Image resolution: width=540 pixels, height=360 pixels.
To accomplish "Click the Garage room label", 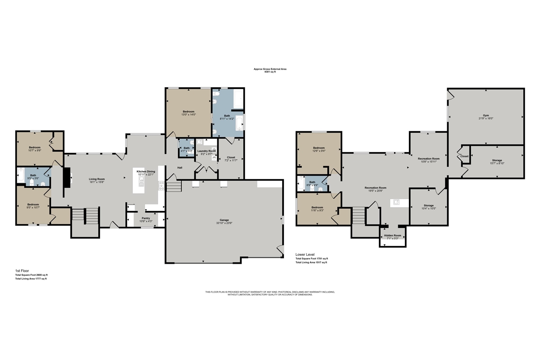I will pyautogui.click(x=224, y=220).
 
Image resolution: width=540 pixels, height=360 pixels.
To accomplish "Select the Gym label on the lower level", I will pyautogui.click(x=486, y=115).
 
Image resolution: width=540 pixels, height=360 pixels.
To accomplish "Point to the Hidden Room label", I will pyautogui.click(x=392, y=235).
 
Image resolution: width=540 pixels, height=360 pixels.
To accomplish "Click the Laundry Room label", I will pyautogui.click(x=206, y=151).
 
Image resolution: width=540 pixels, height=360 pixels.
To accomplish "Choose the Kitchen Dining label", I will pyautogui.click(x=146, y=171).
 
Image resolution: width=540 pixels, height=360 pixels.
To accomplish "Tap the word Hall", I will pyautogui.click(x=180, y=168).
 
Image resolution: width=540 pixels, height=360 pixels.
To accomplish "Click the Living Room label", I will pyautogui.click(x=97, y=179).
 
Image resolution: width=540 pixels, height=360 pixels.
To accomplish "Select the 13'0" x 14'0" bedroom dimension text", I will pyautogui.click(x=188, y=115).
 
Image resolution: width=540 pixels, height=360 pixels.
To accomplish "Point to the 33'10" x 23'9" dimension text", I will pyautogui.click(x=224, y=223).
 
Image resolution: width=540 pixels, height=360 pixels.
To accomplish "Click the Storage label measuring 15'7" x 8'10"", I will pyautogui.click(x=497, y=160).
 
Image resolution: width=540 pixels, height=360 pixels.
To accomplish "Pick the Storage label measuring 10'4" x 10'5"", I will pyautogui.click(x=429, y=206).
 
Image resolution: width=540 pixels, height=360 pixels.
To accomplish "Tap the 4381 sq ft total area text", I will pyautogui.click(x=270, y=72).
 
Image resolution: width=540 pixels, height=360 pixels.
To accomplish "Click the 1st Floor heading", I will pyautogui.click(x=21, y=271).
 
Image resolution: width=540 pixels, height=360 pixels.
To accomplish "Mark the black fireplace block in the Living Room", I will pyautogui.click(x=66, y=181).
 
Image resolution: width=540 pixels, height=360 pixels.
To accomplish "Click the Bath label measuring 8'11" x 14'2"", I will pyautogui.click(x=227, y=116).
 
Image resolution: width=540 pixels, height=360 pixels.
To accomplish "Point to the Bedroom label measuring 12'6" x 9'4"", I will pyautogui.click(x=319, y=148).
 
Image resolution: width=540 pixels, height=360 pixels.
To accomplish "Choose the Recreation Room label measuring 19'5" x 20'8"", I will pyautogui.click(x=375, y=187).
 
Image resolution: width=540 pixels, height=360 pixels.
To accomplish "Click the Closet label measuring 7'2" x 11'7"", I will pyautogui.click(x=231, y=157).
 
